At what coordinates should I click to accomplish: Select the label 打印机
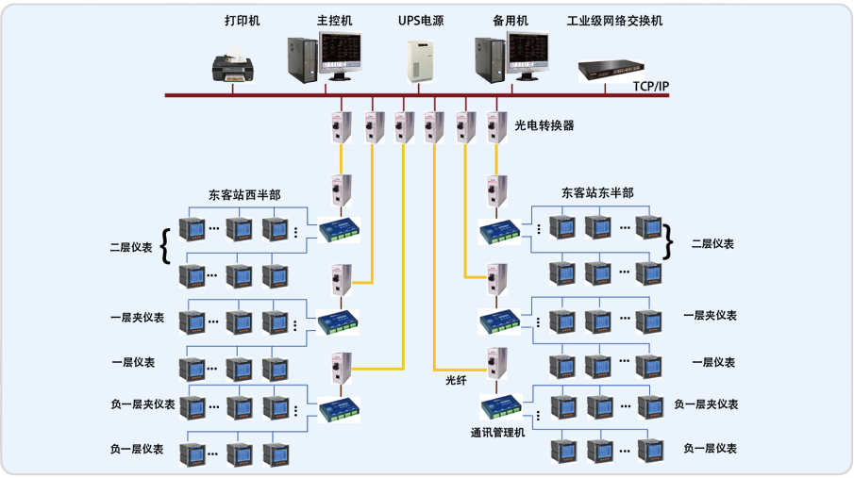click(243, 20)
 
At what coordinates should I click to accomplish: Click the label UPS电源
click(420, 20)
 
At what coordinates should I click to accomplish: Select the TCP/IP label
click(650, 86)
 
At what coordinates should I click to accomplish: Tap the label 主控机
click(335, 20)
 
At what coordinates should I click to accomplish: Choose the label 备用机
click(511, 20)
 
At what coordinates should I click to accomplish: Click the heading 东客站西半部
click(243, 195)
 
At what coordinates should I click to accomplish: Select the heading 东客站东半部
click(597, 192)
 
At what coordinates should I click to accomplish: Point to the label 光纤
click(457, 380)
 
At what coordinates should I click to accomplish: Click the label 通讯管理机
click(497, 433)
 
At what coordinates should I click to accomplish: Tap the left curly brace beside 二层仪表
click(166, 246)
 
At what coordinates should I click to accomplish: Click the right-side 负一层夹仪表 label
click(705, 404)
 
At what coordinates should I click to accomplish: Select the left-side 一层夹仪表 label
click(137, 318)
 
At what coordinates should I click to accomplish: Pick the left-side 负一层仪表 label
click(137, 449)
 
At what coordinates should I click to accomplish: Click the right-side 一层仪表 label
click(713, 362)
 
